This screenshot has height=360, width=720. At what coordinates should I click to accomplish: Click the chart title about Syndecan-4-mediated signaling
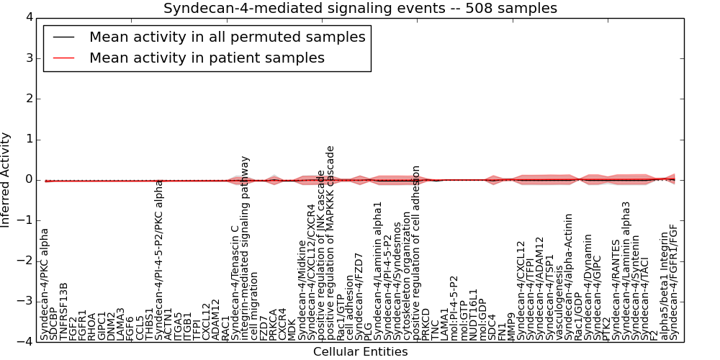[360, 9]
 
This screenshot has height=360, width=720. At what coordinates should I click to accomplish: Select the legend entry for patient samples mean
[207, 58]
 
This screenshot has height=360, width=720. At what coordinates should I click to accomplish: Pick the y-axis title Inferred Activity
[6, 179]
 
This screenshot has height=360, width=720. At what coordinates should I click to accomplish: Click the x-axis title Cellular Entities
[360, 352]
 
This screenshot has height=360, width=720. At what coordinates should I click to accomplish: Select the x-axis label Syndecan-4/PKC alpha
[45, 284]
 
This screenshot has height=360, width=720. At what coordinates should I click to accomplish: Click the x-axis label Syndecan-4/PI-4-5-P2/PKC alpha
[160, 260]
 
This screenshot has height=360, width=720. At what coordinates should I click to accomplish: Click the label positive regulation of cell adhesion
[416, 253]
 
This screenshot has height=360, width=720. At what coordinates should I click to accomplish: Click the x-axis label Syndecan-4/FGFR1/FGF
[674, 282]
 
